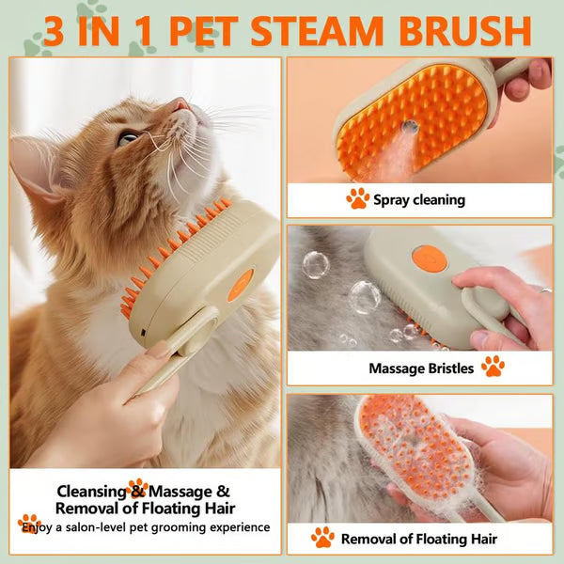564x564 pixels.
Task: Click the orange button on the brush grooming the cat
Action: click(241, 284)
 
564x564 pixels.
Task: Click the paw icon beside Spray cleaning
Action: click(357, 198)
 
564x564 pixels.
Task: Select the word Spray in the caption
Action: click(393, 199)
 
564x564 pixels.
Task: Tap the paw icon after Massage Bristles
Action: click(493, 367)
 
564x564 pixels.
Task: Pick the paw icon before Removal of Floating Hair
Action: click(322, 537)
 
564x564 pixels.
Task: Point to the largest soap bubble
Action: click(365, 295)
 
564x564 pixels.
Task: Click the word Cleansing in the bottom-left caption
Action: click(91, 490)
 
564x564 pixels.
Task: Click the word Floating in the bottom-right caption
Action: click(441, 538)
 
